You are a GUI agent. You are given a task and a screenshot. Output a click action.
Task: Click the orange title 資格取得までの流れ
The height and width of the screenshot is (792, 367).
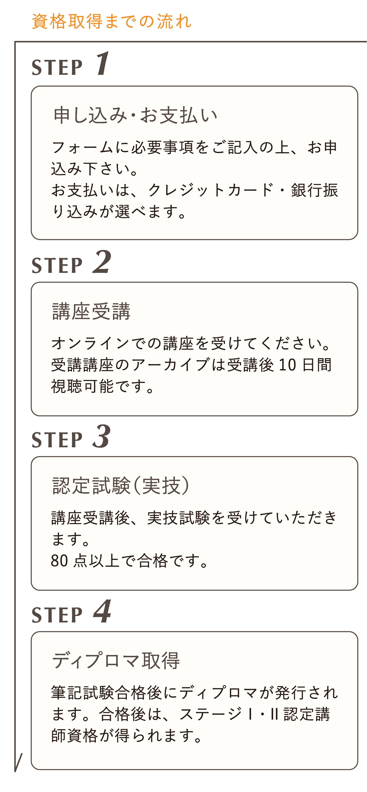(x=112, y=21)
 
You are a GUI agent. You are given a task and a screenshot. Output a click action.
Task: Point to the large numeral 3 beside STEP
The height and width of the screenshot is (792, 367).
(x=101, y=436)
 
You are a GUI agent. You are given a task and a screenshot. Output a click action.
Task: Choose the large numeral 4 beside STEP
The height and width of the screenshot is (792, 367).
(x=102, y=611)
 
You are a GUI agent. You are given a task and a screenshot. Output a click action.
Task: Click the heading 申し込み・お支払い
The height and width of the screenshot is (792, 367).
(x=135, y=116)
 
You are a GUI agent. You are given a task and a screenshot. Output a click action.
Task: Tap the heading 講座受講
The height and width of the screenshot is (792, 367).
(x=92, y=311)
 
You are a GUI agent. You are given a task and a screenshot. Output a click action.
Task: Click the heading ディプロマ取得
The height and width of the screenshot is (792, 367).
(x=116, y=661)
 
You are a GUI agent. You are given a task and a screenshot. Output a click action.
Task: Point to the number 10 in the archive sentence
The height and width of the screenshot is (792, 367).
(x=287, y=365)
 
